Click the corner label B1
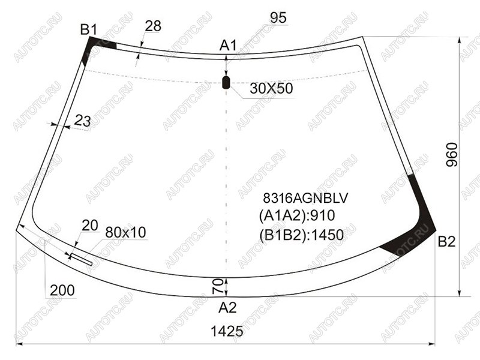pos(88,30)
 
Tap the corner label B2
pos(446,242)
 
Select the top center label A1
pos(228,46)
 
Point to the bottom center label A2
pos(227,308)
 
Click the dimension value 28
pos(153,26)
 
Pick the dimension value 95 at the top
pos(278,18)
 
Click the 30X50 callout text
pos(271,88)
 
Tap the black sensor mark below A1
pos(226,82)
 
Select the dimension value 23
pos(83,121)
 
